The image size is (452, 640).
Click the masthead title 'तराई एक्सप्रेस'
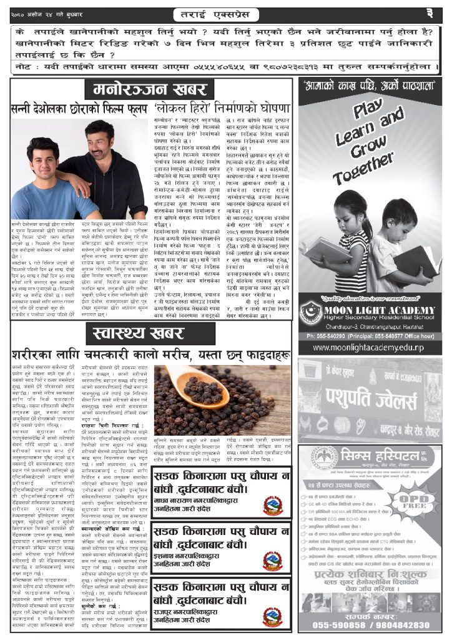coord(225,12)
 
